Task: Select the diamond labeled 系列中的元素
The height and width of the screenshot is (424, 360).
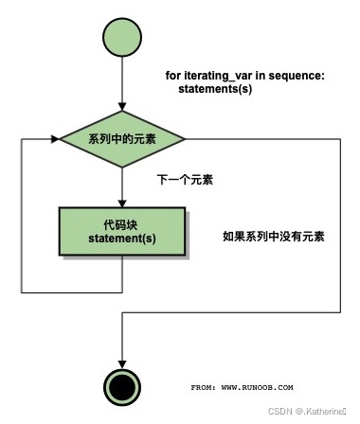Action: tap(122, 139)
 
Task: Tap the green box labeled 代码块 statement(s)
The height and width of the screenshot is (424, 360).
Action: tap(122, 230)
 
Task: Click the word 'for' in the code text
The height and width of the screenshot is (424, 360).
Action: tap(174, 75)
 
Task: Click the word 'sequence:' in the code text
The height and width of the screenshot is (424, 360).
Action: tap(301, 75)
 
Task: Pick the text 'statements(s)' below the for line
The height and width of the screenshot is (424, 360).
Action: tap(216, 88)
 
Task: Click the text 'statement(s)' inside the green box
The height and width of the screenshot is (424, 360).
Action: tap(122, 238)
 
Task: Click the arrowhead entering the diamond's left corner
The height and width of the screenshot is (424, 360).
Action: tap(54, 139)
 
